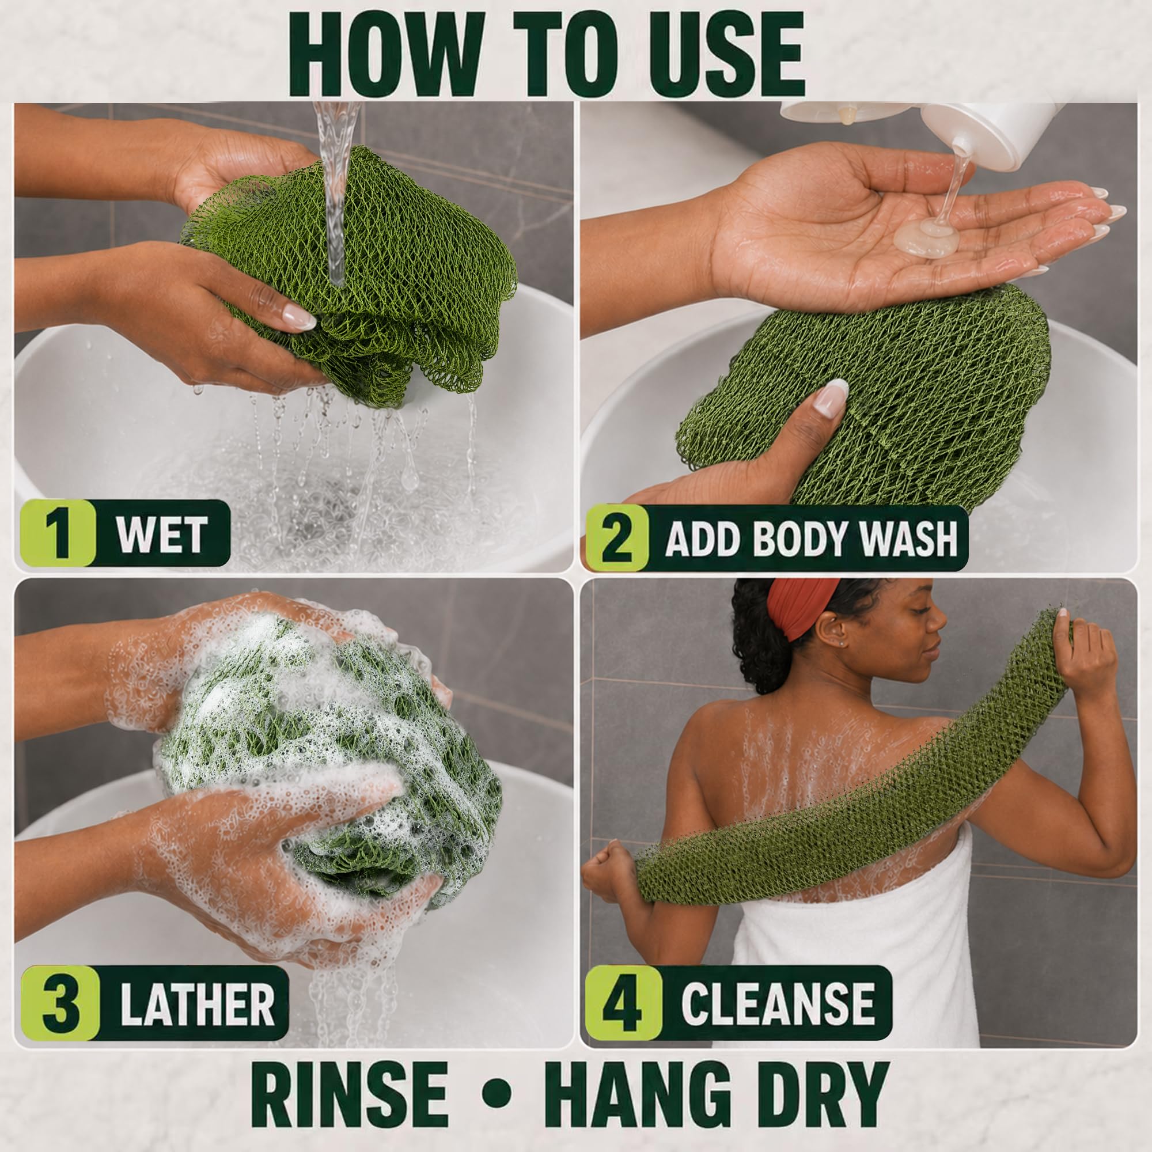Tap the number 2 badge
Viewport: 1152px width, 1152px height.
[616, 539]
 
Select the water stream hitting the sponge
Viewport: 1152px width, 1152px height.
[337, 191]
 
